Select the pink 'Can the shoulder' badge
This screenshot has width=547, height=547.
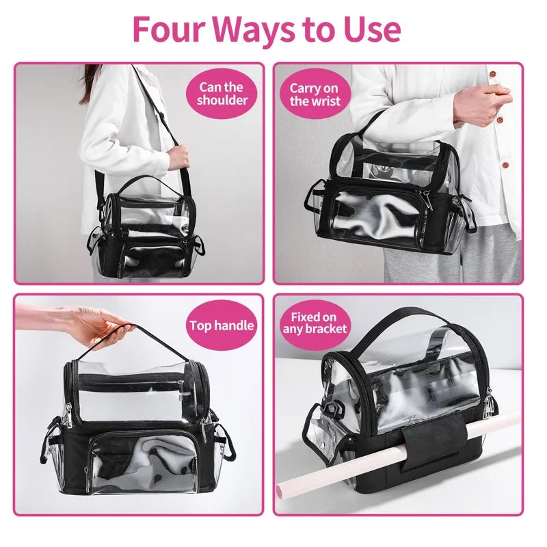point(222,94)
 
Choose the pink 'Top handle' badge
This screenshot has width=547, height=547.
point(222,326)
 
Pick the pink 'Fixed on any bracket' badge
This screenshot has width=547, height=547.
point(315,323)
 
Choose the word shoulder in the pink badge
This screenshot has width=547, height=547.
point(222,101)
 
